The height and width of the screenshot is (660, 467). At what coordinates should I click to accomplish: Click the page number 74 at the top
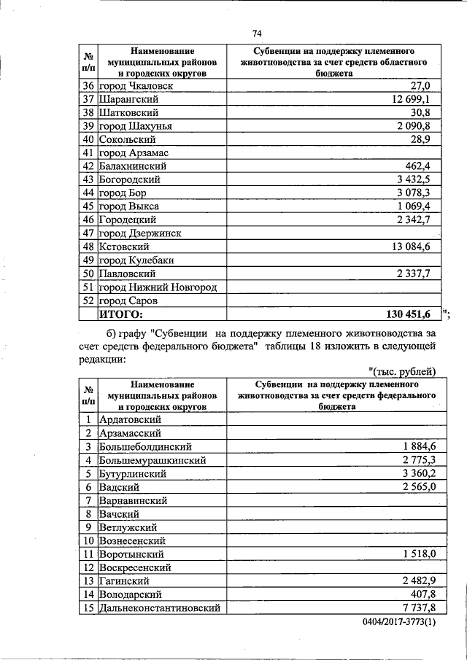point(256,34)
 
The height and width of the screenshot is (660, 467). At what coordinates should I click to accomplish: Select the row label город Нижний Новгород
point(158,287)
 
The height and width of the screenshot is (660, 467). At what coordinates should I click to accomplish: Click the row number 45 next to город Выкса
point(88,206)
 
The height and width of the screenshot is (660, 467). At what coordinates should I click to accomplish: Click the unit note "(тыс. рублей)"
point(403,371)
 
